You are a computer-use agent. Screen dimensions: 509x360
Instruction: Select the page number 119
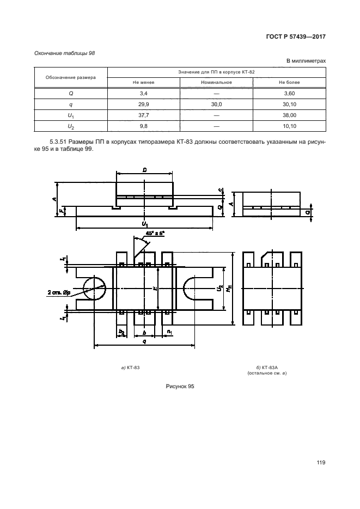320,463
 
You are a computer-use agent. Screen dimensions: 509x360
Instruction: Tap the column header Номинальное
217,82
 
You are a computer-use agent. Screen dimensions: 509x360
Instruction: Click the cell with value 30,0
217,104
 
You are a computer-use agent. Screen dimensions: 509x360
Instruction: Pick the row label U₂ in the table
71,126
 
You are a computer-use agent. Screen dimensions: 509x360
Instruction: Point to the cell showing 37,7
144,115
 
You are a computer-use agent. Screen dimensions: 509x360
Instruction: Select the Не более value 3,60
289,94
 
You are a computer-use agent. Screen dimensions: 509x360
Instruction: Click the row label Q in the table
71,94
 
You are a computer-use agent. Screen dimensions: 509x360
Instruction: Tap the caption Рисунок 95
180,385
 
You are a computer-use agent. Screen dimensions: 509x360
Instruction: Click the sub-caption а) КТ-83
130,368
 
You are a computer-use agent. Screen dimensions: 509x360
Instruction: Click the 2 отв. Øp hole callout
58,293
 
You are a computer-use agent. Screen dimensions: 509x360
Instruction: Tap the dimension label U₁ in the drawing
144,223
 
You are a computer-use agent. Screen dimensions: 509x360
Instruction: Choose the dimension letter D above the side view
145,170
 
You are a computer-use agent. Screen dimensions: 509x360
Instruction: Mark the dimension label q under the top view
144,341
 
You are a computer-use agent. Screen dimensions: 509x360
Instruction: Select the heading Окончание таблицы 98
61,53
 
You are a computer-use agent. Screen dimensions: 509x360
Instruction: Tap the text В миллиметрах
306,62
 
